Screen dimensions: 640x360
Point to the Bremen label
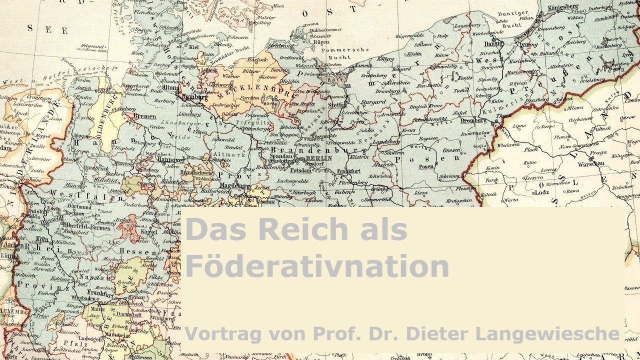(144, 116)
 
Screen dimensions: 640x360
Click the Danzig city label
(492, 43)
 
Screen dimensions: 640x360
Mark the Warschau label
(591, 164)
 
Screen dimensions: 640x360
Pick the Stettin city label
(337, 105)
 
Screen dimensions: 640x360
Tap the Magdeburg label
(234, 185)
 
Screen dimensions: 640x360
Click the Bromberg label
(473, 120)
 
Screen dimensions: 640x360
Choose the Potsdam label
(301, 170)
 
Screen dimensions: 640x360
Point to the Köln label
(42, 239)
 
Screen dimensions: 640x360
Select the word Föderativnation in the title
(316, 266)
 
